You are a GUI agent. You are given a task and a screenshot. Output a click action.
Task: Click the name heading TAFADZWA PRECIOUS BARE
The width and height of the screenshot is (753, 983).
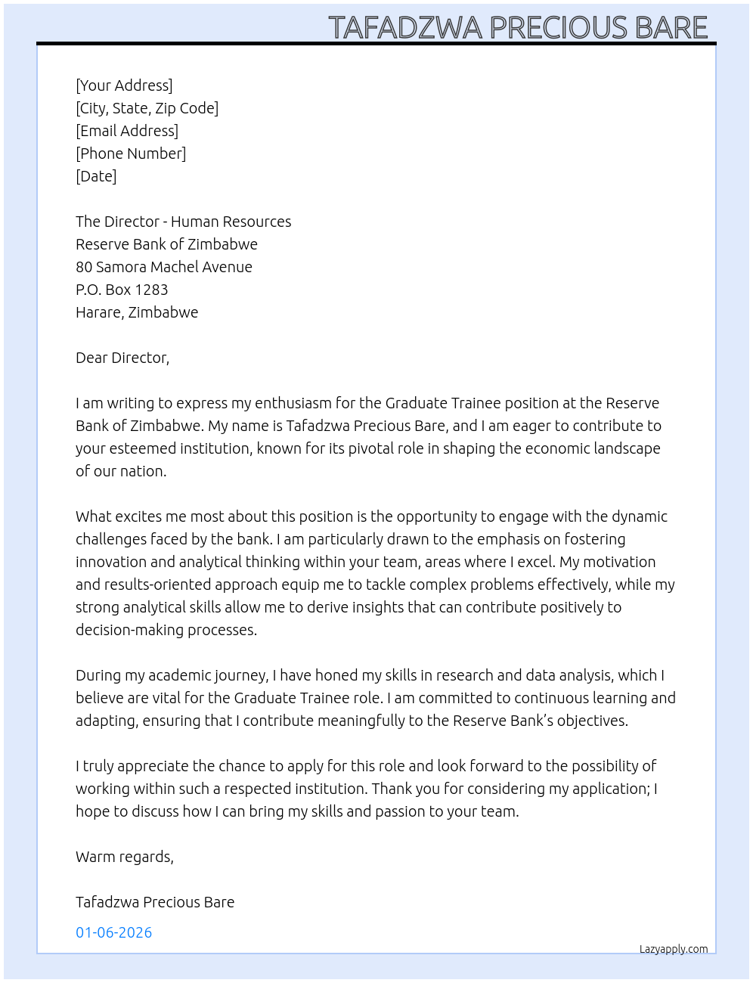518,27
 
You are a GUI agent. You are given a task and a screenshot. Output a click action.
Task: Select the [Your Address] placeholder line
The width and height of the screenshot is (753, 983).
124,85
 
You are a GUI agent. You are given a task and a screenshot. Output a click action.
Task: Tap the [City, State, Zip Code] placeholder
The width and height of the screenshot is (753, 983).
147,108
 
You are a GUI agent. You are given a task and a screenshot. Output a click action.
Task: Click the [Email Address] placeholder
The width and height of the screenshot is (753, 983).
127,131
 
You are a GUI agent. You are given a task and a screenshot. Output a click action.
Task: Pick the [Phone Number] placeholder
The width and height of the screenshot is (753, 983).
131,153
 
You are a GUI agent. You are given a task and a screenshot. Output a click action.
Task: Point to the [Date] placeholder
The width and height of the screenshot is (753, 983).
96,176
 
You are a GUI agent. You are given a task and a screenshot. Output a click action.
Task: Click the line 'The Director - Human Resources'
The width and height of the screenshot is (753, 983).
183,222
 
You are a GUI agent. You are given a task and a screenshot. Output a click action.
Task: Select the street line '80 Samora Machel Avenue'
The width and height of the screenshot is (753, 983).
164,267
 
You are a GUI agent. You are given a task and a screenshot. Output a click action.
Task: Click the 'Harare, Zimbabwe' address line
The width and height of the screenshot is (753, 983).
137,312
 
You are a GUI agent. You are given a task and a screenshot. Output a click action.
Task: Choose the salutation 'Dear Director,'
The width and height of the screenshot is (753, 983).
122,358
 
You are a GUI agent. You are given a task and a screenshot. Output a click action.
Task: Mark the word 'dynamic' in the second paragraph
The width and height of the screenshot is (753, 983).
640,516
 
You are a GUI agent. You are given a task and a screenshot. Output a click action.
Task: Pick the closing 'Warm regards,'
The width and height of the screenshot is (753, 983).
125,857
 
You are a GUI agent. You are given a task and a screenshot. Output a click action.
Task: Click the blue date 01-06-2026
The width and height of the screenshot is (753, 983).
114,932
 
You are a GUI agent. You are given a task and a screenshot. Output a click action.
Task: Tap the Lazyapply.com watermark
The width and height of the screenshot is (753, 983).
674,949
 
